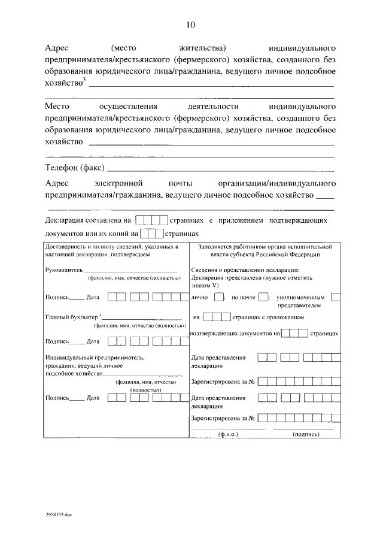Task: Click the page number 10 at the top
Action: click(190, 25)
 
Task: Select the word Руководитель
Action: click(63, 270)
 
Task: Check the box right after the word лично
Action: click(219, 297)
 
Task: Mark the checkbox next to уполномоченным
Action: click(336, 297)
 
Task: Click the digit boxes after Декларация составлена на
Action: click(152, 220)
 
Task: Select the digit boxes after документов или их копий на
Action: click(151, 234)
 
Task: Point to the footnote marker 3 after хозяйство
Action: click(84, 81)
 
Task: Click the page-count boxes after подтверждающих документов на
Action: click(294, 334)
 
